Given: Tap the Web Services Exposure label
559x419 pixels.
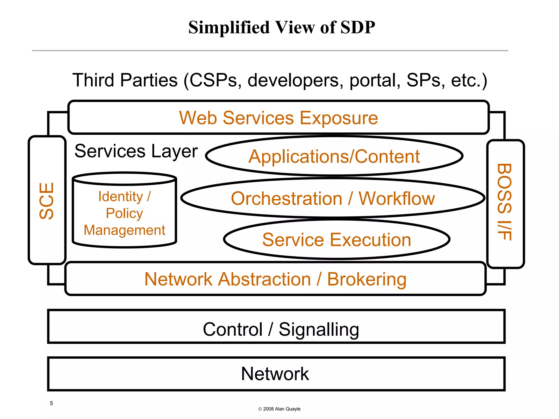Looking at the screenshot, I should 278,118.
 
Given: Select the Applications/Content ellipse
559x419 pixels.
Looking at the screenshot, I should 334,156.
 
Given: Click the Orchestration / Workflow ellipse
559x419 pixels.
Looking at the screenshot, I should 332,198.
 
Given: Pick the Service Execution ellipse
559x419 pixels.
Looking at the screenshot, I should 336,240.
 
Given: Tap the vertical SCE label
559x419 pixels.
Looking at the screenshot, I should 47,201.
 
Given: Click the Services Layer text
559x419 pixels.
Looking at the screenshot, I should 136,151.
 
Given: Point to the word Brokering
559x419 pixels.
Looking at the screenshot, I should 367,279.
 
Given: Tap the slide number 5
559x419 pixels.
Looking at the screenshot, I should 51,403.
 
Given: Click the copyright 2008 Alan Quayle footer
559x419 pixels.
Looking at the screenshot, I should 279,409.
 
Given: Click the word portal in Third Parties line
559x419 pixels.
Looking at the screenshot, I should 375,80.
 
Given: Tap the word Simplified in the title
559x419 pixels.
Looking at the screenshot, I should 229,27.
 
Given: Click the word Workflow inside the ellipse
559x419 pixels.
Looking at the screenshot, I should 396,198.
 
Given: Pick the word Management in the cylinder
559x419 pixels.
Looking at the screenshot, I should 124,230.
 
